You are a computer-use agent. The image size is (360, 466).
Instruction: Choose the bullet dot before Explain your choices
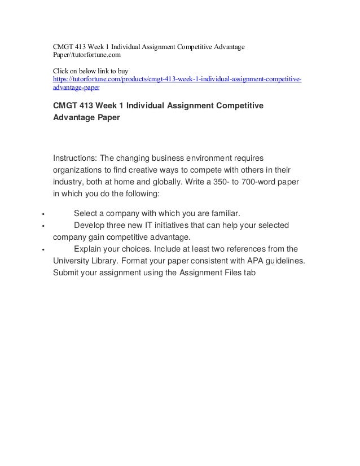(x=36, y=249)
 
